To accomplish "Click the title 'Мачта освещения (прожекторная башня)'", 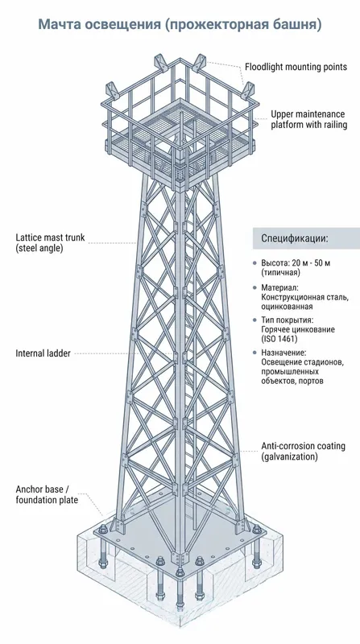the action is point(180,24).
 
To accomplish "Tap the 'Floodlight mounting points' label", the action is point(296,67).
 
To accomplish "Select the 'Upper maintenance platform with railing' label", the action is point(308,119).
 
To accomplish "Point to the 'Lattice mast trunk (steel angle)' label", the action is point(50,243).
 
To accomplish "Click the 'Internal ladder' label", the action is point(43,353).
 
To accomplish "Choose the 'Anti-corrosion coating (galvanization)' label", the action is point(304,451).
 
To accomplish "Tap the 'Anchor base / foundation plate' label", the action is point(47,494).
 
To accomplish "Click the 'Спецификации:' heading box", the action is point(306,238).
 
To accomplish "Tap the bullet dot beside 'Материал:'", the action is point(254,287).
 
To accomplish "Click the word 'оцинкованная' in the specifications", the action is point(287,307).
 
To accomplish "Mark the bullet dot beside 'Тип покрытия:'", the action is point(254,320).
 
